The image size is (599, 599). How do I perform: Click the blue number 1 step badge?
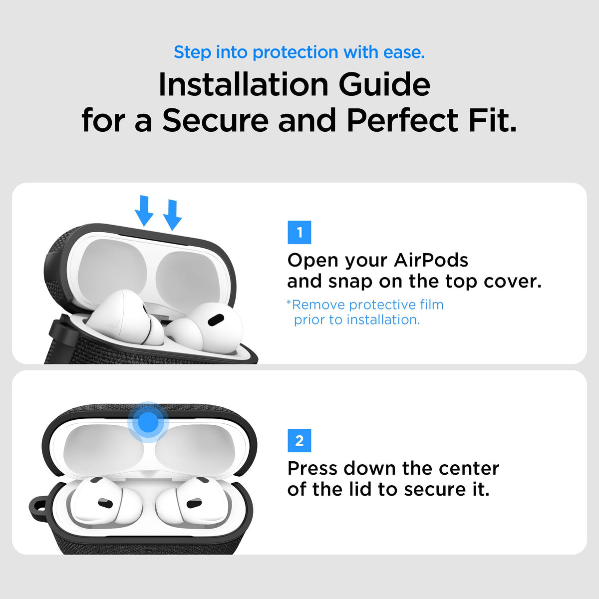[x=299, y=232]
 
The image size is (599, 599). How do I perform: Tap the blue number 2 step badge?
[x=299, y=440]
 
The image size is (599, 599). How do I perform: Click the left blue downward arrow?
[x=144, y=211]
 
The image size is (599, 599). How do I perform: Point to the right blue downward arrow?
[x=172, y=215]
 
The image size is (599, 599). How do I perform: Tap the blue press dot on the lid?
[x=148, y=422]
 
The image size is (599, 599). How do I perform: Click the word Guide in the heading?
[x=384, y=84]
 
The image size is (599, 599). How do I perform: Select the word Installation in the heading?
[x=244, y=84]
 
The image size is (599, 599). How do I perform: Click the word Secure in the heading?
[x=216, y=121]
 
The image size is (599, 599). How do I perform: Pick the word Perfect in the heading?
[x=402, y=121]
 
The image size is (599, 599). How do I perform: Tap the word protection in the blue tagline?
[x=295, y=52]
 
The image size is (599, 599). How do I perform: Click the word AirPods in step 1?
[x=431, y=260]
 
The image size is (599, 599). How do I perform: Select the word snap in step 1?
[x=350, y=282]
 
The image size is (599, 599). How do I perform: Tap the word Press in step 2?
[x=312, y=468]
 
